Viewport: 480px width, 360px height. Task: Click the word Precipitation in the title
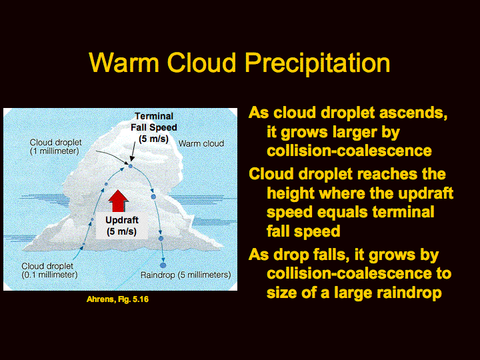pyautogui.click(x=317, y=63)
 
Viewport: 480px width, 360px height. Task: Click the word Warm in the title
pyautogui.click(x=124, y=63)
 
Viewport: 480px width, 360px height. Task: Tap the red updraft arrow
pyautogui.click(x=118, y=201)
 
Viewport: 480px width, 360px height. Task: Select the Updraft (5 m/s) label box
pyautogui.click(x=122, y=225)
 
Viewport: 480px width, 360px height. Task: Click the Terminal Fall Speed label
pyautogui.click(x=154, y=127)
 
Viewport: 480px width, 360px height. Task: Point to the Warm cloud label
pyautogui.click(x=201, y=143)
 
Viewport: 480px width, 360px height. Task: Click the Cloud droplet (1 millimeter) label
pyautogui.click(x=55, y=147)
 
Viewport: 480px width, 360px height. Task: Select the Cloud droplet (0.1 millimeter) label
pyautogui.click(x=49, y=270)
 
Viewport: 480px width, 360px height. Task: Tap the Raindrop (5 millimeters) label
pyautogui.click(x=185, y=275)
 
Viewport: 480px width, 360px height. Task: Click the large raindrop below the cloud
pyautogui.click(x=163, y=265)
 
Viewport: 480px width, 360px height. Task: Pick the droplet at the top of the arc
pyautogui.click(x=131, y=166)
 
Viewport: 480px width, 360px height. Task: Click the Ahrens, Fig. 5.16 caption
pyautogui.click(x=117, y=299)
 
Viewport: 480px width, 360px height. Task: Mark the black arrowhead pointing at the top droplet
pyautogui.click(x=132, y=158)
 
